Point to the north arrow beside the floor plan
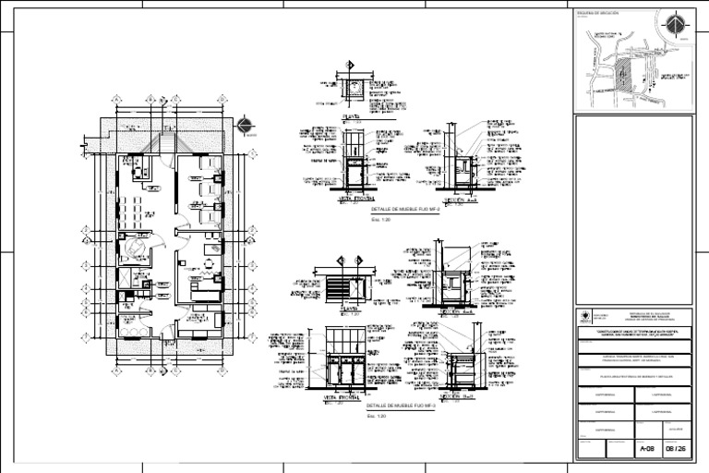pos(244,127)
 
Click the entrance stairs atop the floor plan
pos(169,129)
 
